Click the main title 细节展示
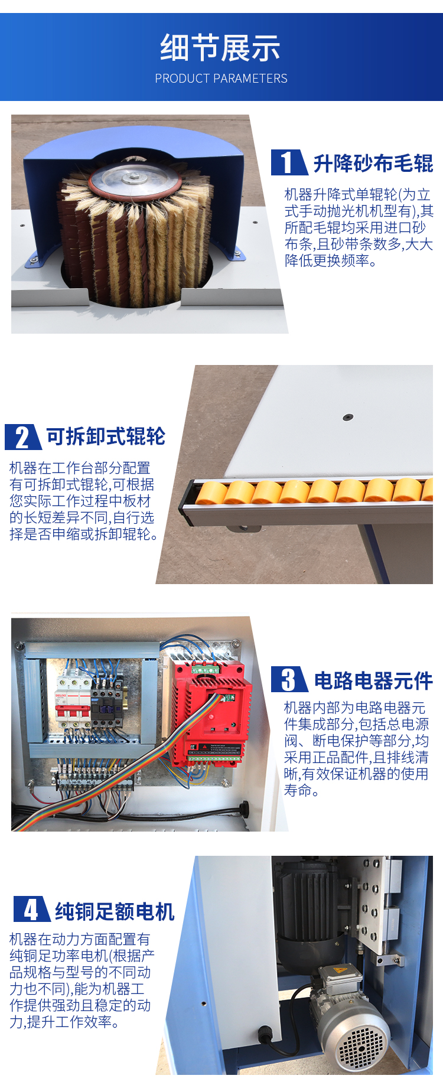point(220,48)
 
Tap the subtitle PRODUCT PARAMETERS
point(221,79)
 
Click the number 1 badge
point(289,162)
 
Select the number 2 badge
point(22,437)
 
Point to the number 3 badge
point(289,679)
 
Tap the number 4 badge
point(31,910)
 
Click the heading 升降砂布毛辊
point(373,163)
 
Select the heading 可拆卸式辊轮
point(106,436)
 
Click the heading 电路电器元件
point(373,680)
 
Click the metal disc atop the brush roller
point(135,177)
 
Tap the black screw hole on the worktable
point(348,418)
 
